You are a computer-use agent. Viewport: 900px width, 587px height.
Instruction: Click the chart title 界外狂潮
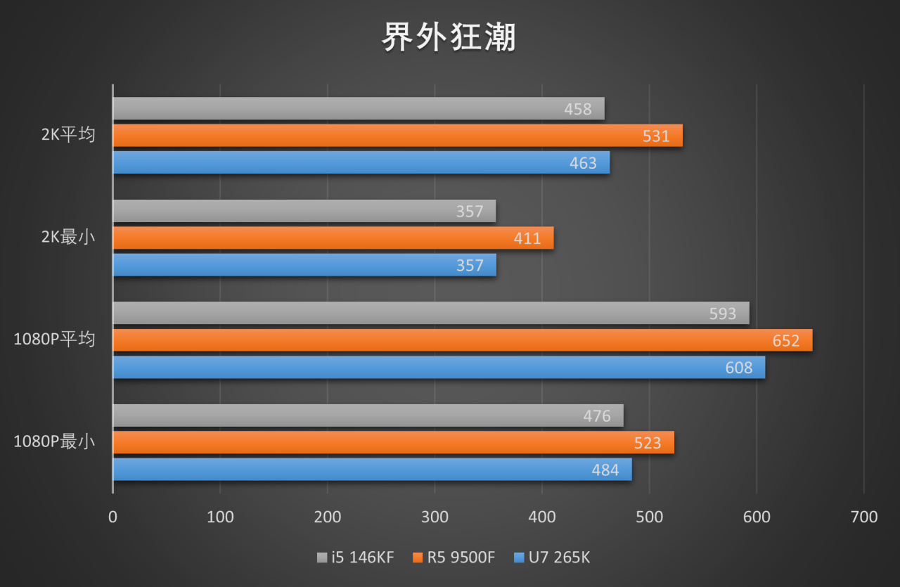[449, 37]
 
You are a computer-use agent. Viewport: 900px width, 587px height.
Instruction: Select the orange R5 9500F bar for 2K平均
[397, 136]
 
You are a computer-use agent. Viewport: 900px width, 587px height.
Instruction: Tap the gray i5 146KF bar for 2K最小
[304, 211]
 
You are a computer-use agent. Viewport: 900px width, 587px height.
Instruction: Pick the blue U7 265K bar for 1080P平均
[439, 367]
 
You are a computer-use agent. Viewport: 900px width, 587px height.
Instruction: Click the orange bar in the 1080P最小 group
[393, 442]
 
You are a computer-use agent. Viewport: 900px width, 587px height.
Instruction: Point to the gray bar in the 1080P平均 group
[430, 313]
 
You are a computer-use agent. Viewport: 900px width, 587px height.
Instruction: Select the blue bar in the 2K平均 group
[361, 162]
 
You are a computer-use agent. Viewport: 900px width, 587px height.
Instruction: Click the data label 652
[785, 340]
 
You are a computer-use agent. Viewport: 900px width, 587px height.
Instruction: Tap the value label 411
[527, 238]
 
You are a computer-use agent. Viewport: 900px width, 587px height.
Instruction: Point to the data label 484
[605, 470]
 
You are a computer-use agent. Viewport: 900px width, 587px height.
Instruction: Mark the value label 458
[577, 109]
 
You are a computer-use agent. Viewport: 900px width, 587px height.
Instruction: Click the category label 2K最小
[67, 238]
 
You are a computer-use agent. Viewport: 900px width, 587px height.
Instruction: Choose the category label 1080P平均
[54, 340]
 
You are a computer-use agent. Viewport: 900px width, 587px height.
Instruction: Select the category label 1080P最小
[54, 442]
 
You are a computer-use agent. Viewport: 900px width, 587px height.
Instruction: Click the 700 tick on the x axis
[863, 517]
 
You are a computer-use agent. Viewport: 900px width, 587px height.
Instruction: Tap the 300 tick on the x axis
[435, 517]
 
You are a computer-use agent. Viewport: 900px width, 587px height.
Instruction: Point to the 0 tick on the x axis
[112, 517]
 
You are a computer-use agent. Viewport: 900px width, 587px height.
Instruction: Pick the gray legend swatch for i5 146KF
[322, 558]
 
